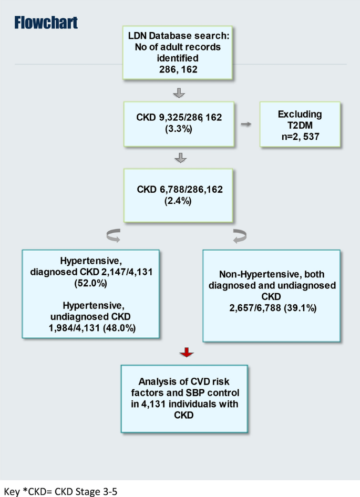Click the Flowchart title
tap(46, 23)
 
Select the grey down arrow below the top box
tap(179, 93)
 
